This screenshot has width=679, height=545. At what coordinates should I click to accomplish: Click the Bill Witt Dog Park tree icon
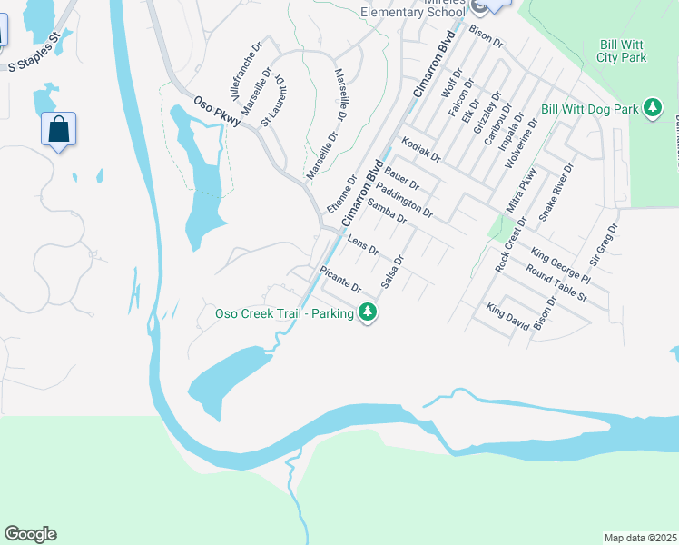tap(652, 109)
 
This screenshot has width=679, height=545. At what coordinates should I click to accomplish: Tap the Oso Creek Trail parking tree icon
tap(368, 313)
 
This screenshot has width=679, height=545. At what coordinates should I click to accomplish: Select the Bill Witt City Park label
tap(622, 51)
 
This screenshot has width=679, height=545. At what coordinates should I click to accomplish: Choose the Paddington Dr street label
tap(403, 200)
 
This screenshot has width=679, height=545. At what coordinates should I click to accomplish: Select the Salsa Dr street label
tap(391, 272)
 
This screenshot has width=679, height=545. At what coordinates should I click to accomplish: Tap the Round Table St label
tap(556, 282)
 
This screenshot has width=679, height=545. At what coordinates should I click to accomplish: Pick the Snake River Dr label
tap(556, 192)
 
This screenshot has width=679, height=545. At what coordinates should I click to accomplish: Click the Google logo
tap(30, 534)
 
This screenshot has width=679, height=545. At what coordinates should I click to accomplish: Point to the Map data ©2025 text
tap(640, 538)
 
